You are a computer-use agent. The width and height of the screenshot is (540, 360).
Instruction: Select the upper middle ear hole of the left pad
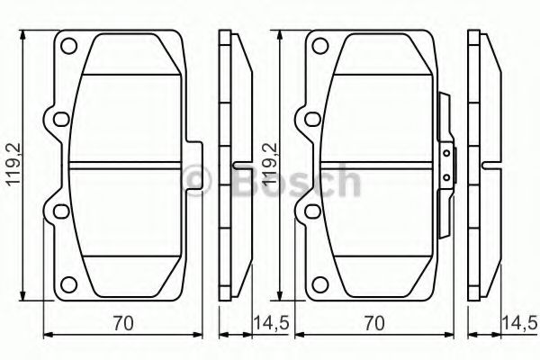[x=59, y=119]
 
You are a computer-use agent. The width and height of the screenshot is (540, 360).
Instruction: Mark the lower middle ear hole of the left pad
[x=59, y=212]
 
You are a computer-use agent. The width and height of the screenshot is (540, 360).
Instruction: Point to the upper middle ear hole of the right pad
[x=311, y=119]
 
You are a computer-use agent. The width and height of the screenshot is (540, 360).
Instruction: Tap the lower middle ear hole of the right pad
[x=311, y=212]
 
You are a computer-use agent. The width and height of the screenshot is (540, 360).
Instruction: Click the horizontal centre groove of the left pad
[x=126, y=165]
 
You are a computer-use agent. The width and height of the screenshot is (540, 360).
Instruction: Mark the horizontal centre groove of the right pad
[x=378, y=165]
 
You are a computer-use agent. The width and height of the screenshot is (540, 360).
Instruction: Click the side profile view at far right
[x=484, y=166]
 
